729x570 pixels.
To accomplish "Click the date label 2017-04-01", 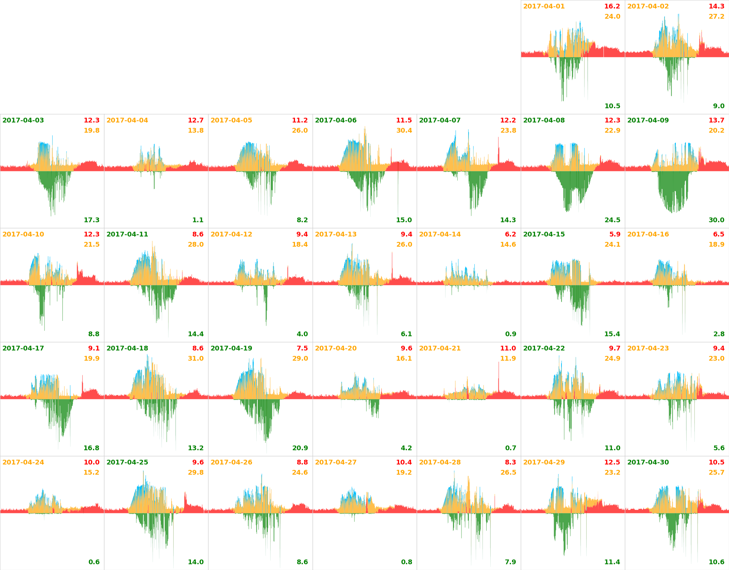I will pyautogui.click(x=544, y=6).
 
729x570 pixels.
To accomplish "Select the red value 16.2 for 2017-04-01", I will pyautogui.click(x=612, y=6).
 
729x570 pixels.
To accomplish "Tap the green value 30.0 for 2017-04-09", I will pyautogui.click(x=716, y=220).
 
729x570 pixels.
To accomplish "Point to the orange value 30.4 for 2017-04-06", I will pyautogui.click(x=404, y=131).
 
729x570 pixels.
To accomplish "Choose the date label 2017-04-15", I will pyautogui.click(x=544, y=234).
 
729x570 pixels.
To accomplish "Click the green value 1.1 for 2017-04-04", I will pyautogui.click(x=198, y=220).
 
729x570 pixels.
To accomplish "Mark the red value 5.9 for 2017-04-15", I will pyautogui.click(x=614, y=234).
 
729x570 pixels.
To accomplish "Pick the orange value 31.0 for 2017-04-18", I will pyautogui.click(x=196, y=359).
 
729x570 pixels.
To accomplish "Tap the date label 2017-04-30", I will pyautogui.click(x=648, y=462).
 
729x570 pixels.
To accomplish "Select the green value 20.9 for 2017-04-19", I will pyautogui.click(x=300, y=448).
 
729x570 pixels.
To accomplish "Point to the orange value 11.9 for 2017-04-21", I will pyautogui.click(x=508, y=359).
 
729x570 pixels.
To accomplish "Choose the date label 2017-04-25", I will pyautogui.click(x=127, y=462).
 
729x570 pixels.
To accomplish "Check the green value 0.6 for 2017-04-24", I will pyautogui.click(x=94, y=562).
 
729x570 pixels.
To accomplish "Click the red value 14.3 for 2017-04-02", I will pyautogui.click(x=716, y=6).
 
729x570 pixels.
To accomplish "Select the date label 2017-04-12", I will pyautogui.click(x=231, y=234).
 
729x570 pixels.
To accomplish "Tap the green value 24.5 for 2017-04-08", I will pyautogui.click(x=612, y=220).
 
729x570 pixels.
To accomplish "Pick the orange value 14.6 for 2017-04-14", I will pyautogui.click(x=508, y=245).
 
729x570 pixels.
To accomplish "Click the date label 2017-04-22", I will pyautogui.click(x=544, y=348).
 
